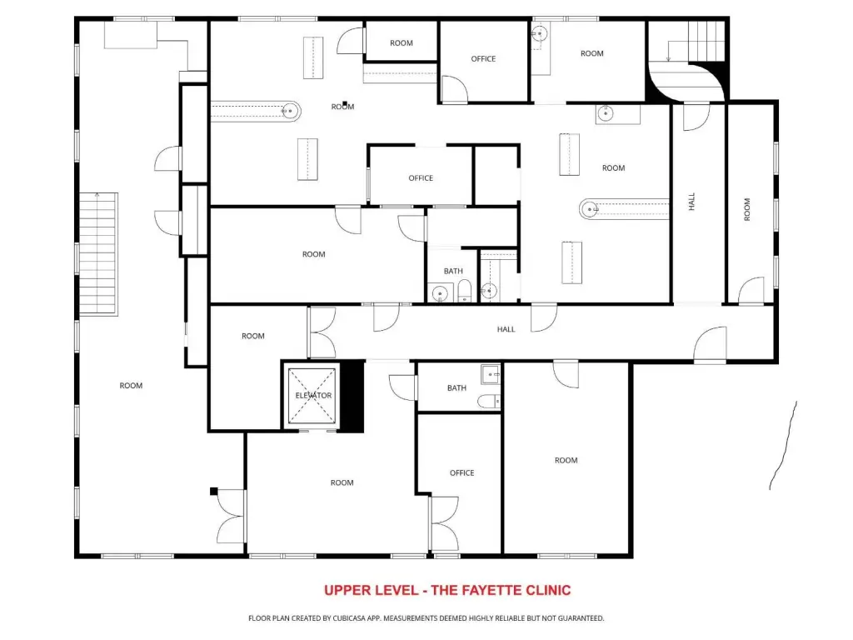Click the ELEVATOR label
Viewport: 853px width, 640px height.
tap(313, 396)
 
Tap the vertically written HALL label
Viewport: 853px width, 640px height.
tap(691, 202)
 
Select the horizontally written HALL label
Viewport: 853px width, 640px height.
tap(506, 329)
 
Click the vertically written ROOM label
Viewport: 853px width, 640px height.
tap(747, 209)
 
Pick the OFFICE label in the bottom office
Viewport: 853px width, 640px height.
tap(461, 473)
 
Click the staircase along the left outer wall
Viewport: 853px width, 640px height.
tap(98, 253)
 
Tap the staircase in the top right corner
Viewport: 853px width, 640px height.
tap(706, 42)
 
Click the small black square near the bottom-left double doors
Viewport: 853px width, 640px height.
tap(214, 492)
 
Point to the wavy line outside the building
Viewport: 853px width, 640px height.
tap(783, 446)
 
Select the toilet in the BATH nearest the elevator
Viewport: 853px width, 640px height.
tap(489, 402)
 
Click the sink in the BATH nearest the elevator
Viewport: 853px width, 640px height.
tap(490, 374)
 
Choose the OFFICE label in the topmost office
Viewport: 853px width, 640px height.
tap(483, 59)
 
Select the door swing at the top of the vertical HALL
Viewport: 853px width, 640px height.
tap(696, 117)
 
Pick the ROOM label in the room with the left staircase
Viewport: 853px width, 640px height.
tap(131, 386)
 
